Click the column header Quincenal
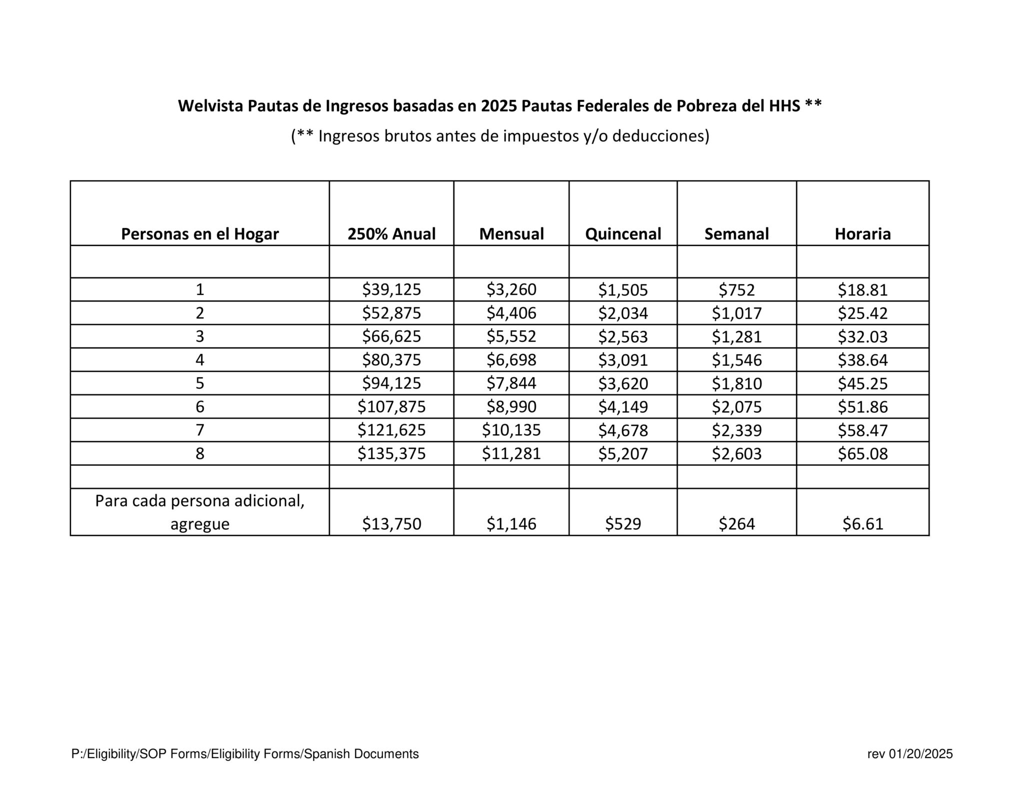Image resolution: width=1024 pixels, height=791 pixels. click(622, 234)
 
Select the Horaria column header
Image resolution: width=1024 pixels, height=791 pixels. click(862, 234)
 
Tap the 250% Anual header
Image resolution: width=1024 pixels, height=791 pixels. click(391, 234)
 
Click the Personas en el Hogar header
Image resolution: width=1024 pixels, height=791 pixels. click(199, 234)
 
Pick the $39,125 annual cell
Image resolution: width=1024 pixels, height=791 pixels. click(391, 289)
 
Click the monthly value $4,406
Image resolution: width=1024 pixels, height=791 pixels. click(511, 313)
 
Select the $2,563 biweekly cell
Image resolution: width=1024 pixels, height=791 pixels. click(622, 336)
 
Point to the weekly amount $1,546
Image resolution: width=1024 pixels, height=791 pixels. click(736, 360)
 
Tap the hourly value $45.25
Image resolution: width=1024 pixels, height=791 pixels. click(862, 383)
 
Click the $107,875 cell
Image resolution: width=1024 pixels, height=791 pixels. click(391, 407)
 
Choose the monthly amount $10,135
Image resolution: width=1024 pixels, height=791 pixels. click(511, 430)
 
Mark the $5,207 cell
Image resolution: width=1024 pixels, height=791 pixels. click(622, 453)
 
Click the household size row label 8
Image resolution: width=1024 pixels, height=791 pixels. click(199, 453)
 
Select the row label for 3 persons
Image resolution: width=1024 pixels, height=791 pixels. click(199, 336)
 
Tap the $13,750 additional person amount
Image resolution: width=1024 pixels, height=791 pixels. click(391, 524)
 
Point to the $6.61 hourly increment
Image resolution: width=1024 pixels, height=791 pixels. click(862, 524)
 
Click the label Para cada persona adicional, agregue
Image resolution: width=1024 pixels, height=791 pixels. click(199, 512)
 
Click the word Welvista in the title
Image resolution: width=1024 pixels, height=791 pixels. click(210, 106)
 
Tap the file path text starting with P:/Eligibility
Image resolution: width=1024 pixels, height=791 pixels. click(245, 754)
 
